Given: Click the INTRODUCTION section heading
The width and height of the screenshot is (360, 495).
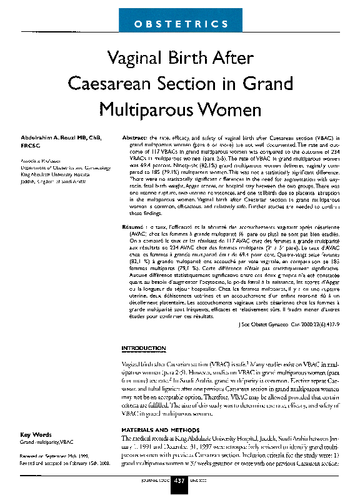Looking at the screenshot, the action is pyautogui.click(x=143, y=347).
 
